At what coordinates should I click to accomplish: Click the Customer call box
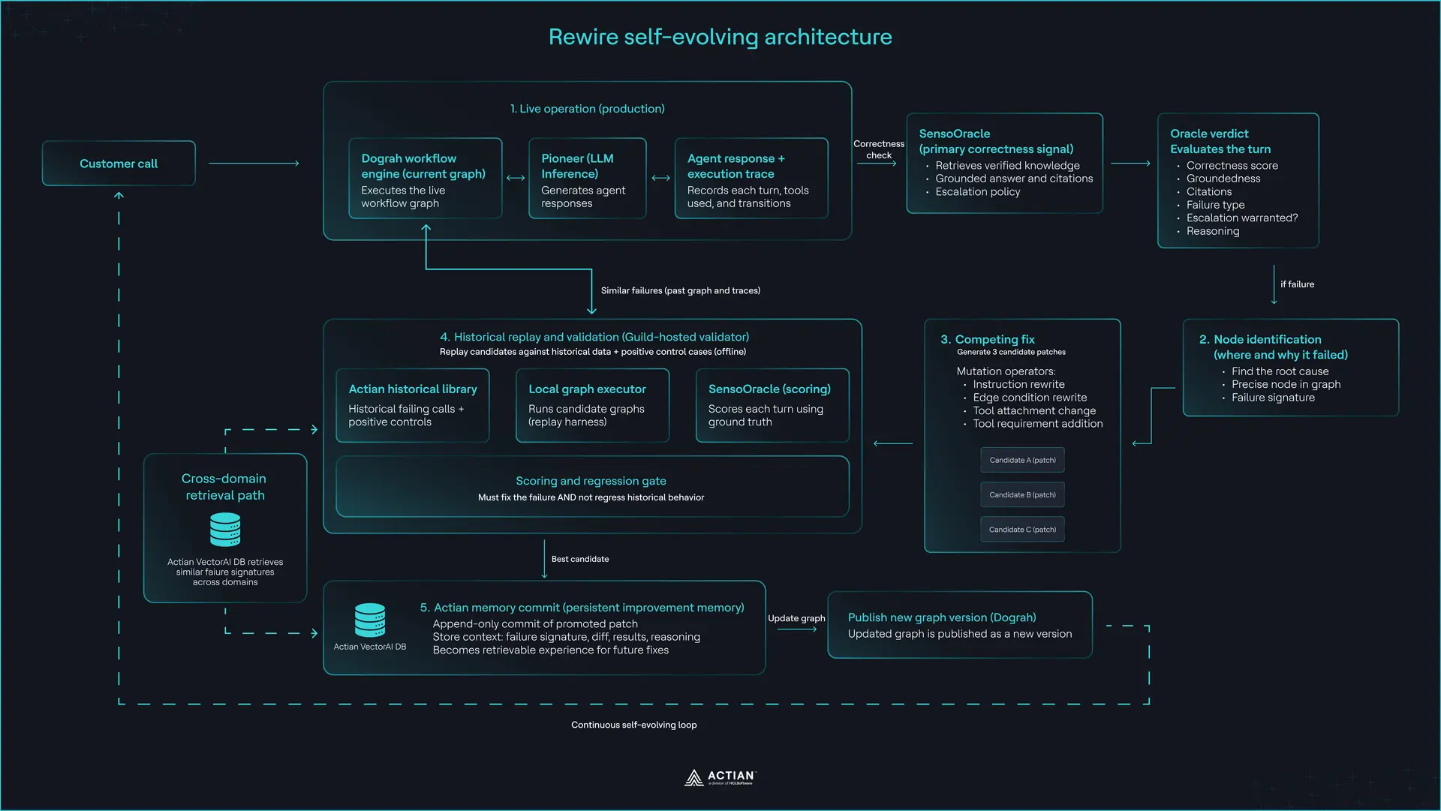click(119, 164)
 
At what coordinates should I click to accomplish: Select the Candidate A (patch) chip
click(1022, 460)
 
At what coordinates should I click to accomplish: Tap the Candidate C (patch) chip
click(1022, 530)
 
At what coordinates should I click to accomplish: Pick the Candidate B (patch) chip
click(1022, 495)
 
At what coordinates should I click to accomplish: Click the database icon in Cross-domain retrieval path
click(225, 530)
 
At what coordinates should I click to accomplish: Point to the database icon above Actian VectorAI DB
click(370, 620)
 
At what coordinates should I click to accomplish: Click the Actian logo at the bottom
click(720, 777)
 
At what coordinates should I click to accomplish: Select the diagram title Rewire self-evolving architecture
click(720, 37)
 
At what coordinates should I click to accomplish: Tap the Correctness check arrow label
click(879, 149)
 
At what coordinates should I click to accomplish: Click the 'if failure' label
click(1297, 284)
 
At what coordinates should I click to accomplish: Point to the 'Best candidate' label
click(580, 559)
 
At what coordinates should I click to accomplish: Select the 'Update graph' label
click(796, 618)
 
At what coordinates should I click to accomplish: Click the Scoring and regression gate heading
click(591, 481)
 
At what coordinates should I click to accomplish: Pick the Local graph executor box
click(592, 405)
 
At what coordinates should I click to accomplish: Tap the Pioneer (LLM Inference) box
click(587, 179)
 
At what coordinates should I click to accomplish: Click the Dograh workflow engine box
click(426, 179)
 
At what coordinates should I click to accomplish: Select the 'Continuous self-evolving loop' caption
click(634, 725)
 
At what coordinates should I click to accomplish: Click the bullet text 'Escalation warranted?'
click(1242, 218)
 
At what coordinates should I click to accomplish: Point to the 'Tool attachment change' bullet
click(1034, 410)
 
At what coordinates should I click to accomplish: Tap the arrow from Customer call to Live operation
click(254, 164)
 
